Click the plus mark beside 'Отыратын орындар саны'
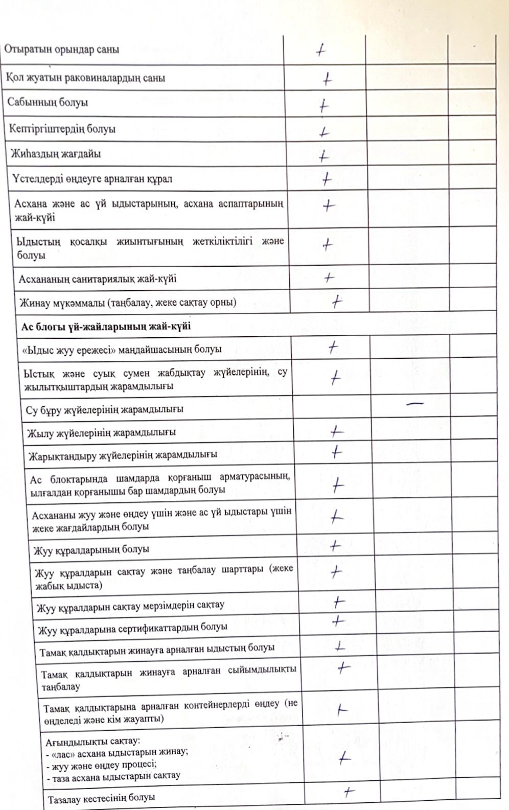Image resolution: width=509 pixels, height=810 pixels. [321, 50]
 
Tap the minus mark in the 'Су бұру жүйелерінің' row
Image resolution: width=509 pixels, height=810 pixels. [414, 404]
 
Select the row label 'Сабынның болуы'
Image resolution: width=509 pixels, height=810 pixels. [48, 102]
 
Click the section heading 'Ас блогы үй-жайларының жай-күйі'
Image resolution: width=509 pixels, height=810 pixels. [106, 326]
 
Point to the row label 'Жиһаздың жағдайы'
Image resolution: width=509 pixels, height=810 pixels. [56, 154]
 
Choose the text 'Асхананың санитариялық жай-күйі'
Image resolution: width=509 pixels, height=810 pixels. [98, 279]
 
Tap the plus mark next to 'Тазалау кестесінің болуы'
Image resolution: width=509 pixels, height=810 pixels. [349, 792]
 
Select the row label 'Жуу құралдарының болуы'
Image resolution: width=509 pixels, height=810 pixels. [91, 550]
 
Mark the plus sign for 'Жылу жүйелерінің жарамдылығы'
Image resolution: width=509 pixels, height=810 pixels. [336, 432]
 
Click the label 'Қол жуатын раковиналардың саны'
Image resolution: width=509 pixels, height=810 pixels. [85, 78]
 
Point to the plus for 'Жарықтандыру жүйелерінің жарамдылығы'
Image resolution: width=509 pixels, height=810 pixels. [336, 452]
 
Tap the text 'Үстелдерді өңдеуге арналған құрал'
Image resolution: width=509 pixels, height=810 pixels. [92, 179]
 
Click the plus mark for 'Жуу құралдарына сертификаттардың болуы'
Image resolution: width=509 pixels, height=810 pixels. [338, 621]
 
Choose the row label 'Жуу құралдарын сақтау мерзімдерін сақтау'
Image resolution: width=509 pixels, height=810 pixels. [130, 606]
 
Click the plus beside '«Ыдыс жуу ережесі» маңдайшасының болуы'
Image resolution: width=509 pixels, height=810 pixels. [333, 348]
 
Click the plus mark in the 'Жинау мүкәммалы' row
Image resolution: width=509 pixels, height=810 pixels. [336, 302]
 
